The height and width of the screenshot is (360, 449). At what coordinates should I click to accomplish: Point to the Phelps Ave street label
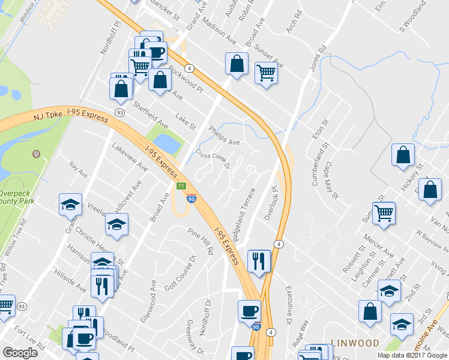224,136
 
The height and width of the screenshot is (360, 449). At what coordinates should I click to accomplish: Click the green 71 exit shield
181,187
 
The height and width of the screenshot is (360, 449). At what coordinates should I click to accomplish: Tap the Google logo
20,353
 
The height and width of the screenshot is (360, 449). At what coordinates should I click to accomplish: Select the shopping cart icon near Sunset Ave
265,73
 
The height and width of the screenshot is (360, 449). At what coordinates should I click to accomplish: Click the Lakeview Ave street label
130,157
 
